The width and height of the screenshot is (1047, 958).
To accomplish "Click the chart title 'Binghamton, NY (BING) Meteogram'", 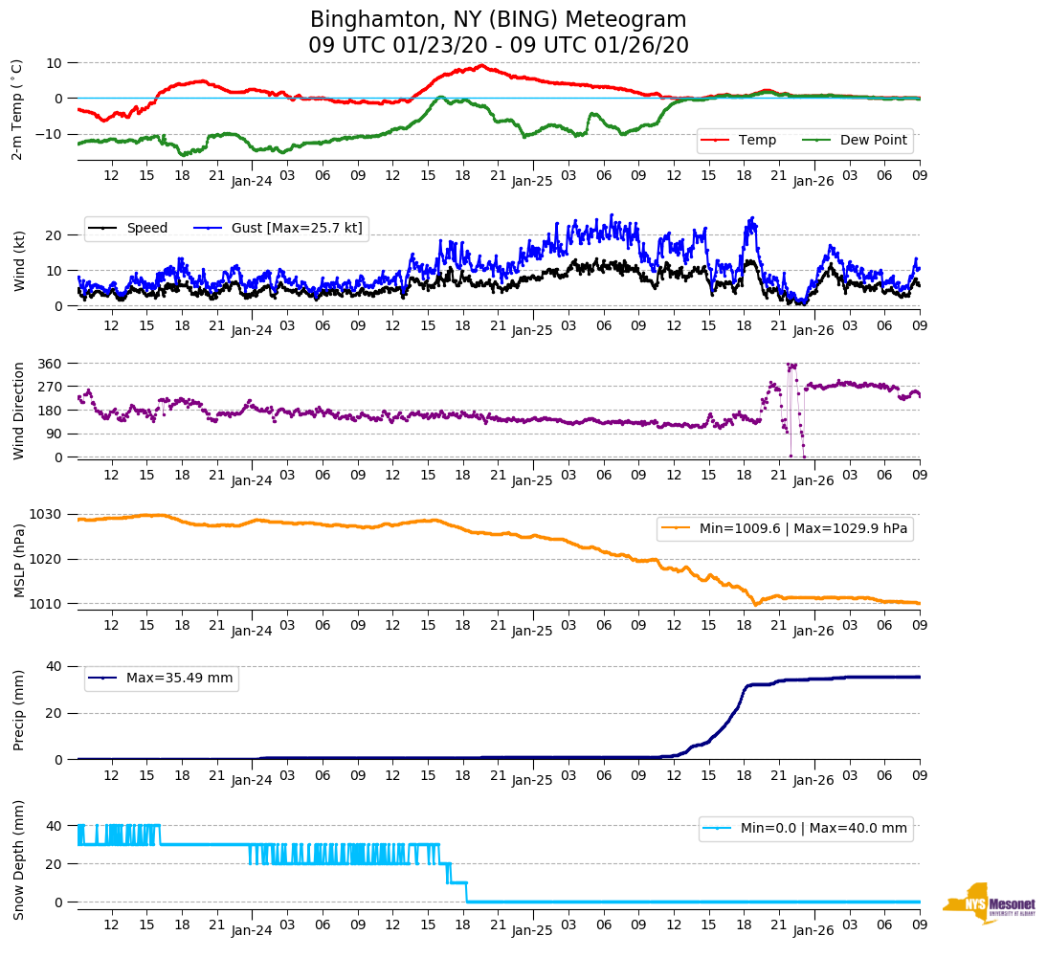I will (x=498, y=20).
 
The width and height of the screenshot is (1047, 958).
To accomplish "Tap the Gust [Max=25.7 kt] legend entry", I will (x=278, y=228).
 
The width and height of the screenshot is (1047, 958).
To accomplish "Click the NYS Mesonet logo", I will (x=990, y=902).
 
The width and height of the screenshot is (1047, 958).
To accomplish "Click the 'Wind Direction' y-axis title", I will (x=19, y=410).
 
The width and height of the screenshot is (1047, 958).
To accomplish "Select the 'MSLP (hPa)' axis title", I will (x=19, y=560).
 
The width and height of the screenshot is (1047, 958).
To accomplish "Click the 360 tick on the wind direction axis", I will (x=51, y=364).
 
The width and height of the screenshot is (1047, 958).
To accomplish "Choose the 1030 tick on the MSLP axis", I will (x=47, y=514).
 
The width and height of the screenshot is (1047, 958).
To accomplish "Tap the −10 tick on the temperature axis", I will (x=48, y=134).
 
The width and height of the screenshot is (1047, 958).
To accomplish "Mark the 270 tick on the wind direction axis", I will (x=51, y=387).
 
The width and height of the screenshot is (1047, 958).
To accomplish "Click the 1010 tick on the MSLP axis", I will (x=47, y=604).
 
